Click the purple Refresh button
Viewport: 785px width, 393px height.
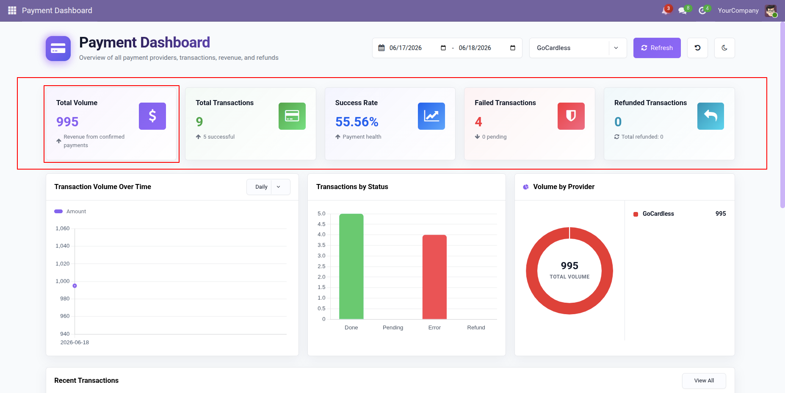point(657,48)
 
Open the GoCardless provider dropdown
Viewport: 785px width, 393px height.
point(578,48)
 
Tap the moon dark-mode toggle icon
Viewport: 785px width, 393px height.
point(724,48)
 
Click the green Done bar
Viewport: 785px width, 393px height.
point(351,266)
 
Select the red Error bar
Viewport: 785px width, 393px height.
point(434,277)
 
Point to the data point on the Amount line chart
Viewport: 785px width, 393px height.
point(75,286)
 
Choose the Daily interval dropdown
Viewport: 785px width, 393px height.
point(268,187)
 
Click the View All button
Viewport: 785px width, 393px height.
point(704,381)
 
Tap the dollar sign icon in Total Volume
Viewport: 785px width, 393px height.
point(152,116)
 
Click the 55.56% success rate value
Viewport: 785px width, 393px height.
point(357,122)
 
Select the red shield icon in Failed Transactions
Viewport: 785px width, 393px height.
point(571,116)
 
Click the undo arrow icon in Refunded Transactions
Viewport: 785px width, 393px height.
point(710,116)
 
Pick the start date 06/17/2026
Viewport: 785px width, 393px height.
point(406,48)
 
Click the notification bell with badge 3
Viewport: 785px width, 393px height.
point(666,11)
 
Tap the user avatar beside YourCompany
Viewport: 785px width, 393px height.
point(771,11)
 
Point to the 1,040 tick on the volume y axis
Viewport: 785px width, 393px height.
point(63,246)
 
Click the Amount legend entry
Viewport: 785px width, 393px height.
point(70,212)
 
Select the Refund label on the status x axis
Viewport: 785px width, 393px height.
point(476,328)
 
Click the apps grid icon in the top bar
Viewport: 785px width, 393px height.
point(12,11)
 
